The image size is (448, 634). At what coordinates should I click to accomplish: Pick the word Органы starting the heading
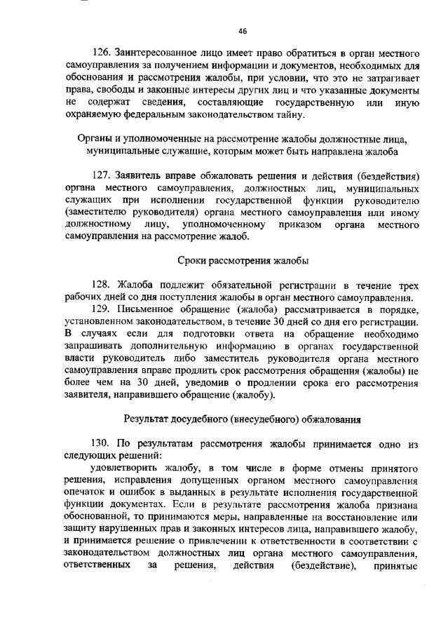pos(93,139)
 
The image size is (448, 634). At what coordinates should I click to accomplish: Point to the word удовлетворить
pos(123,468)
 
